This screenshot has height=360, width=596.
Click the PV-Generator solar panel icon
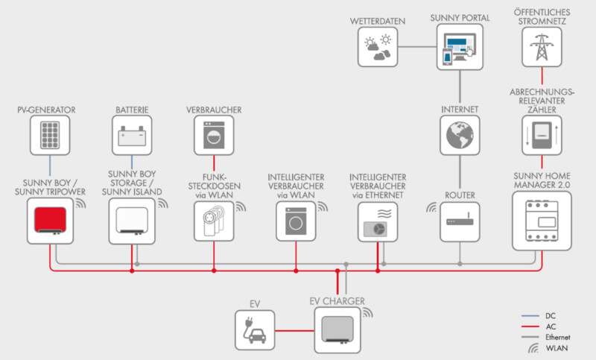(x=50, y=136)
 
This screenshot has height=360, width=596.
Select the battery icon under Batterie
(x=132, y=136)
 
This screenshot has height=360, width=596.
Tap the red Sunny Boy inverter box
(x=50, y=221)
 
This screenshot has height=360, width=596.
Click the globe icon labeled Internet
(x=460, y=136)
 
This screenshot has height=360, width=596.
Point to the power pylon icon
(x=542, y=47)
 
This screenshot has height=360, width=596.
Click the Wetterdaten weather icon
(x=378, y=47)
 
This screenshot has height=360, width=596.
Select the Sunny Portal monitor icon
(x=460, y=47)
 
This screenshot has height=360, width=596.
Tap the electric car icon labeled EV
(x=255, y=330)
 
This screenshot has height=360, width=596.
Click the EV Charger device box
(x=337, y=330)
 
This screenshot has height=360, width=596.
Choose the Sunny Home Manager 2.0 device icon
(x=542, y=221)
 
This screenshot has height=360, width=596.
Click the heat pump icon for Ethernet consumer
(x=378, y=222)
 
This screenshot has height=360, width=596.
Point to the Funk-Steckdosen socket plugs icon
(x=214, y=221)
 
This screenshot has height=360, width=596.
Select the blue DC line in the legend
(x=530, y=316)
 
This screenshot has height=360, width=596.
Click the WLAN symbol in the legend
(x=533, y=348)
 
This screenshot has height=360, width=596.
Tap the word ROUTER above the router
(x=460, y=195)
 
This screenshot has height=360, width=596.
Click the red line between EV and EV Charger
(x=294, y=331)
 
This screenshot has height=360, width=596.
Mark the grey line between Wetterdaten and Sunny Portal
(x=417, y=47)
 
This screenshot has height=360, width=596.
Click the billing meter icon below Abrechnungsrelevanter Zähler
(x=542, y=136)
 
